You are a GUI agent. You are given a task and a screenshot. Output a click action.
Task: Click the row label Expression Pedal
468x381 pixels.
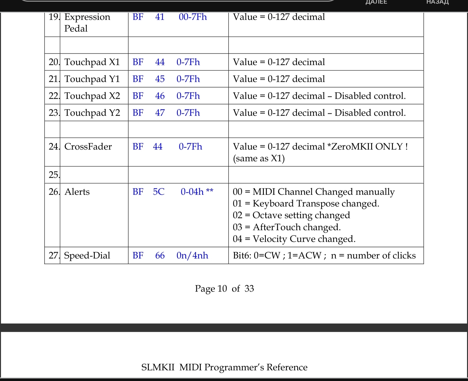(87, 22)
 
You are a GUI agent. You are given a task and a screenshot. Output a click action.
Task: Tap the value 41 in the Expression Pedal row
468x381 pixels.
(160, 17)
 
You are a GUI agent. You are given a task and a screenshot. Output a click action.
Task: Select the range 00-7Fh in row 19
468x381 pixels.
(192, 17)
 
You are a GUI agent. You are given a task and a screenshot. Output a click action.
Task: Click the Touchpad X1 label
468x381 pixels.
(92, 62)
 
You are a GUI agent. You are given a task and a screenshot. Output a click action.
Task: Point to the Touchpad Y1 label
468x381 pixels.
(92, 79)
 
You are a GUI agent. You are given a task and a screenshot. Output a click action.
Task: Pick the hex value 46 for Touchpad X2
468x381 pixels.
(160, 96)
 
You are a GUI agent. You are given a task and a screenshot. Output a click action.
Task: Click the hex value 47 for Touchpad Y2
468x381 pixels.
(160, 113)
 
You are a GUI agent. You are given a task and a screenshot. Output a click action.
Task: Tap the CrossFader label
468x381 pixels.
(88, 147)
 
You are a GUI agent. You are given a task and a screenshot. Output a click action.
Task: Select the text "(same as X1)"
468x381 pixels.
(259, 158)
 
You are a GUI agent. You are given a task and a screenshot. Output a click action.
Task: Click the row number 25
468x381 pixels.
(53, 175)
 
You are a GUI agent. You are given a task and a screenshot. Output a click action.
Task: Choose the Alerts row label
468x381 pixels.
(77, 192)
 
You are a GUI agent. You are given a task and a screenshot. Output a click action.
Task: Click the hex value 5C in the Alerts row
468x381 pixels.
(159, 192)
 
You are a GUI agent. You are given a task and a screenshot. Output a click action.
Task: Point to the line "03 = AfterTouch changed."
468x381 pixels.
(287, 227)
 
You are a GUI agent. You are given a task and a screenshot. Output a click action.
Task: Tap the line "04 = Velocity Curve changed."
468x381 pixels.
(294, 239)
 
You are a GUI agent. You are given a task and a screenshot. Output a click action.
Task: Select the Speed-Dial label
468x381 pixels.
(87, 256)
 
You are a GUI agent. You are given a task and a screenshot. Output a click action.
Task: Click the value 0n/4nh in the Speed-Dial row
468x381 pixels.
(192, 256)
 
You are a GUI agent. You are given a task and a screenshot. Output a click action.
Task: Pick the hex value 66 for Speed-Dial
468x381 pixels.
(160, 256)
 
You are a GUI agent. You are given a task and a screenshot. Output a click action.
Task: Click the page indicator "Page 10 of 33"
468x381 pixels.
(224, 289)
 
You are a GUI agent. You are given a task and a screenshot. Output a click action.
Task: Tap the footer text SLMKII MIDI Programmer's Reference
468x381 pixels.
(224, 367)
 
